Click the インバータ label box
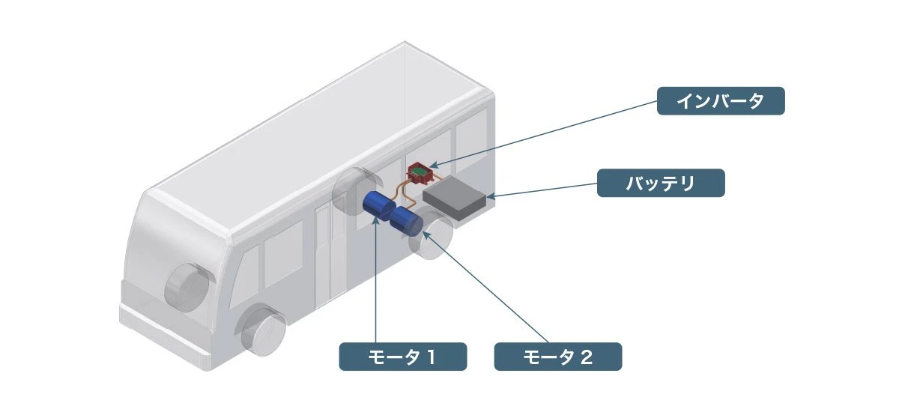coord(721,101)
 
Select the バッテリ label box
coord(661,183)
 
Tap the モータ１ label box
coord(403,357)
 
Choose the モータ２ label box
coord(557,357)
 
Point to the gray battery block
coord(455,198)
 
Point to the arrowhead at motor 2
coord(426,234)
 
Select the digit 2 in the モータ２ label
coord(587,357)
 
